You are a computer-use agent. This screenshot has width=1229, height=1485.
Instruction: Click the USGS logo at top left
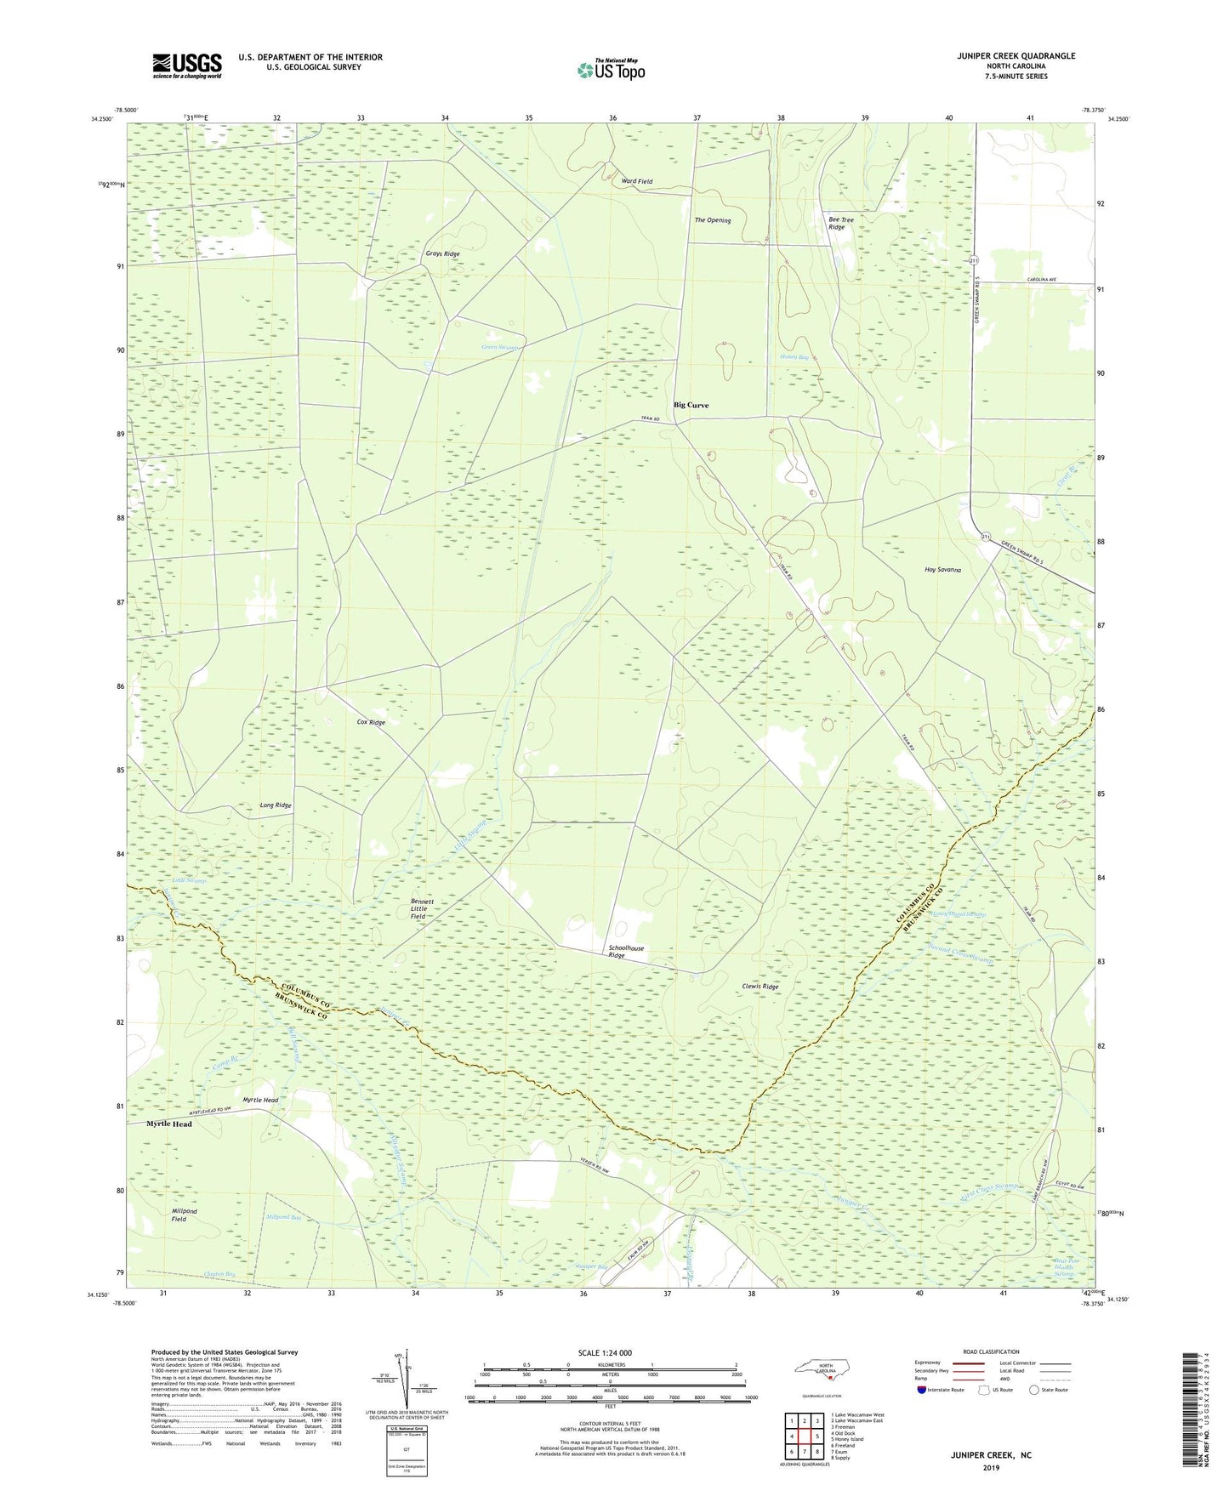point(187,65)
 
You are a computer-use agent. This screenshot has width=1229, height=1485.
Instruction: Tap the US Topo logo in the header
point(611,70)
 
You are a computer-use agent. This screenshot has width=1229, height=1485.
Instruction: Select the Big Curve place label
point(691,405)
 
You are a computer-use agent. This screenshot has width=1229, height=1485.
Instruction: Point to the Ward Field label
point(637,182)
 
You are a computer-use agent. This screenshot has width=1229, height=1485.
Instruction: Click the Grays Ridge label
point(442,254)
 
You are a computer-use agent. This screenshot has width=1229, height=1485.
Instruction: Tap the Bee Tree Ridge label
point(840,224)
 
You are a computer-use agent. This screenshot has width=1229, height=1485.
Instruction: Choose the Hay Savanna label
point(942,570)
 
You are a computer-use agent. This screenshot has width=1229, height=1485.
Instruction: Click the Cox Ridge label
point(371,722)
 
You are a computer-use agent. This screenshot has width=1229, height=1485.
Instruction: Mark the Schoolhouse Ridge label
point(626,952)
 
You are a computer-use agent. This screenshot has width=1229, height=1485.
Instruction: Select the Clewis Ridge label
point(760,987)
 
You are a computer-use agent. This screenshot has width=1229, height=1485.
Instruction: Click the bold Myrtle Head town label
point(169,1124)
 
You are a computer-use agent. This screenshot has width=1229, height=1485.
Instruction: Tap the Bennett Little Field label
point(423,908)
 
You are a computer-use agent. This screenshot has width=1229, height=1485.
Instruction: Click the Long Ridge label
point(276,805)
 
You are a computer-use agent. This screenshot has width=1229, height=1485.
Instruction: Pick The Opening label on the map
point(712,220)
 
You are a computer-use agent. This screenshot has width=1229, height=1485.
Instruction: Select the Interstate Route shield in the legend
point(924,1390)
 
